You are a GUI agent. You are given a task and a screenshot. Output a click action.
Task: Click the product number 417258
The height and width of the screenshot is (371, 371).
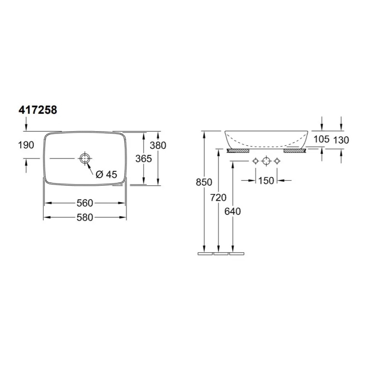pos(38,110)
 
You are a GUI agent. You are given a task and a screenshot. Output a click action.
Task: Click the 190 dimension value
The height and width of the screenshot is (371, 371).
pos(26,145)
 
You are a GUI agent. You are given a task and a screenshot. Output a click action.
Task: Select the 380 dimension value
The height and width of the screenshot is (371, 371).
pos(158,145)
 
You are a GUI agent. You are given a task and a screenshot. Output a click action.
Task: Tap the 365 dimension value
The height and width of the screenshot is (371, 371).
pos(144,159)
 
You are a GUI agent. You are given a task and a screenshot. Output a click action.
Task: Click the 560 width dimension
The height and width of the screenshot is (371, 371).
pos(85,203)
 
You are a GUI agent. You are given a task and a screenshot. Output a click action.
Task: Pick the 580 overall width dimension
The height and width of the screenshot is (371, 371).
pos(85,218)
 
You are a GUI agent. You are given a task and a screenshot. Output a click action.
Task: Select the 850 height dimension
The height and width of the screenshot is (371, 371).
pos(204,183)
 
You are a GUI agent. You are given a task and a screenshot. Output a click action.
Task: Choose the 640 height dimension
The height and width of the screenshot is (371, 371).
pos(233,211)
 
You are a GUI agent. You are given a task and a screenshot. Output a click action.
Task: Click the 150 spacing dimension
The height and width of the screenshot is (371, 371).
pos(266,180)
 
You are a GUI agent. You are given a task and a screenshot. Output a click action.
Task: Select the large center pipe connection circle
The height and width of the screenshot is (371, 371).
pos(266,161)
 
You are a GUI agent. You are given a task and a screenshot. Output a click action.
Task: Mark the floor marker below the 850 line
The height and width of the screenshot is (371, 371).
pos(205,253)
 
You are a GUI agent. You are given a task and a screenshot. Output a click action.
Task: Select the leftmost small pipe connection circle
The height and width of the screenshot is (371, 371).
pos(256,161)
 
